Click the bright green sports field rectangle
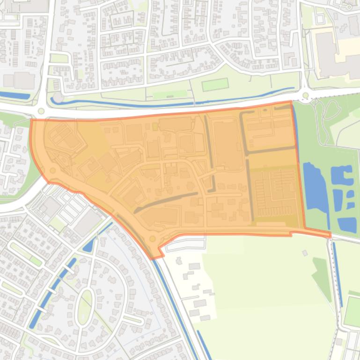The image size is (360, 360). (215, 85)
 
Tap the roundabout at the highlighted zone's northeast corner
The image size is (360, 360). (306, 96)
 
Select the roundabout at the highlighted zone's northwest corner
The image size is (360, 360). (41, 111)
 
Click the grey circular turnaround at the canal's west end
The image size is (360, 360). (58, 98)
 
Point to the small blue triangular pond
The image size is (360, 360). (88, 245)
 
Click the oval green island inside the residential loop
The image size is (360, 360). (85, 307)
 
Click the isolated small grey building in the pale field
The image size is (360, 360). (305, 253)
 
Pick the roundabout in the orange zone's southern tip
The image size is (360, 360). (152, 239)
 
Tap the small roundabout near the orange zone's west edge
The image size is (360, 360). (52, 171)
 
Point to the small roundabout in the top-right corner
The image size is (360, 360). (349, 7)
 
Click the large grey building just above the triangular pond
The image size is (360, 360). (87, 222)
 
